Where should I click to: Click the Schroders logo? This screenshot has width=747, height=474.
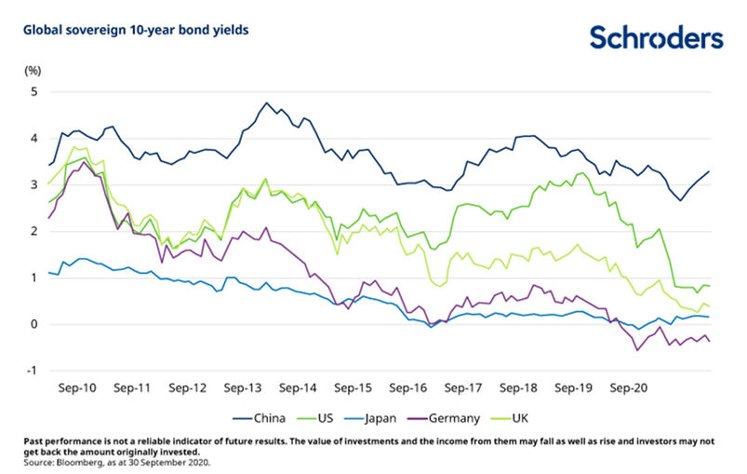point(655,38)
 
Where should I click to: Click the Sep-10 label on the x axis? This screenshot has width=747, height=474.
point(79,386)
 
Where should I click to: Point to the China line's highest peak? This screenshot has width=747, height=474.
point(266,102)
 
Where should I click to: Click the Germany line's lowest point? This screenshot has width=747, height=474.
point(637,350)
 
